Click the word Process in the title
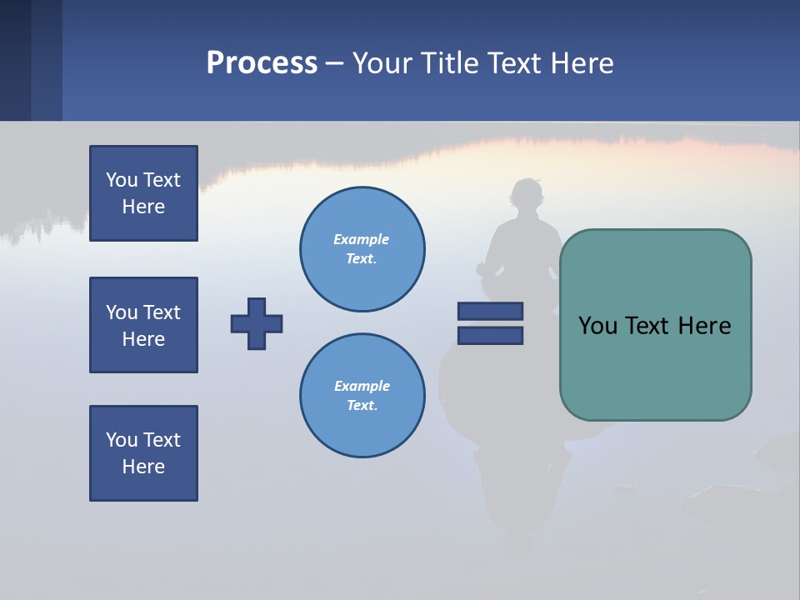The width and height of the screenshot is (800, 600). [x=262, y=63]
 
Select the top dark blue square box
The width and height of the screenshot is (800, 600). [x=143, y=193]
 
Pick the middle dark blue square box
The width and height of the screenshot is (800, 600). [x=143, y=325]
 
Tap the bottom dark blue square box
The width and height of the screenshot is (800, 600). [x=143, y=453]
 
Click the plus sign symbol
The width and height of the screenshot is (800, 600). [x=257, y=323]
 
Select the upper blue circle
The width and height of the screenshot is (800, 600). [x=362, y=249]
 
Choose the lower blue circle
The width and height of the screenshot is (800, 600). [x=362, y=396]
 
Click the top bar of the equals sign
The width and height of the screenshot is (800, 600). [x=490, y=311]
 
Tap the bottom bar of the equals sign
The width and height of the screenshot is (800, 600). [x=490, y=335]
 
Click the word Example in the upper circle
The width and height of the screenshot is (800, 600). [x=362, y=239]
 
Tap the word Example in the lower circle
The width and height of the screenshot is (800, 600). [x=362, y=386]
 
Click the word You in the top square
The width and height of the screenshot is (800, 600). [x=121, y=180]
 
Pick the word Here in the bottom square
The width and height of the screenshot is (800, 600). [x=143, y=467]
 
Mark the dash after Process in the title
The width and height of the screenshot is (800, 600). [x=334, y=63]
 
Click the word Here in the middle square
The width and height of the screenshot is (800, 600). [x=143, y=339]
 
